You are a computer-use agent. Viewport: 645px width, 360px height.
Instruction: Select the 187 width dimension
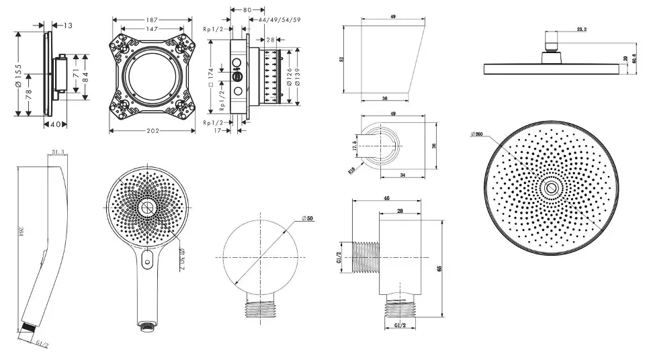pyautogui.click(x=153, y=20)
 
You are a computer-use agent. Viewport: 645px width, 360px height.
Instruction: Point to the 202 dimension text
pyautogui.click(x=153, y=130)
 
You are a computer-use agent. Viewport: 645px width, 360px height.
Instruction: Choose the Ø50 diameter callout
pyautogui.click(x=308, y=219)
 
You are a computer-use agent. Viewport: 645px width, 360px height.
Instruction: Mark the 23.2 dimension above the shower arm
pyautogui.click(x=582, y=30)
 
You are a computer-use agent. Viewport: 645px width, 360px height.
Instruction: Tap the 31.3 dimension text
pyautogui.click(x=57, y=152)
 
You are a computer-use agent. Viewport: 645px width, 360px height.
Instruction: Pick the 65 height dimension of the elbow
pyautogui.click(x=440, y=268)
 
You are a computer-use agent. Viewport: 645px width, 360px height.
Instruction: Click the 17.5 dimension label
pyautogui.click(x=354, y=146)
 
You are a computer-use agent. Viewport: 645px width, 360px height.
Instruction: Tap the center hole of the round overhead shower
pyautogui.click(x=552, y=189)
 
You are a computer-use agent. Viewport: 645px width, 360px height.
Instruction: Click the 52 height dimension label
pyautogui.click(x=342, y=60)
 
